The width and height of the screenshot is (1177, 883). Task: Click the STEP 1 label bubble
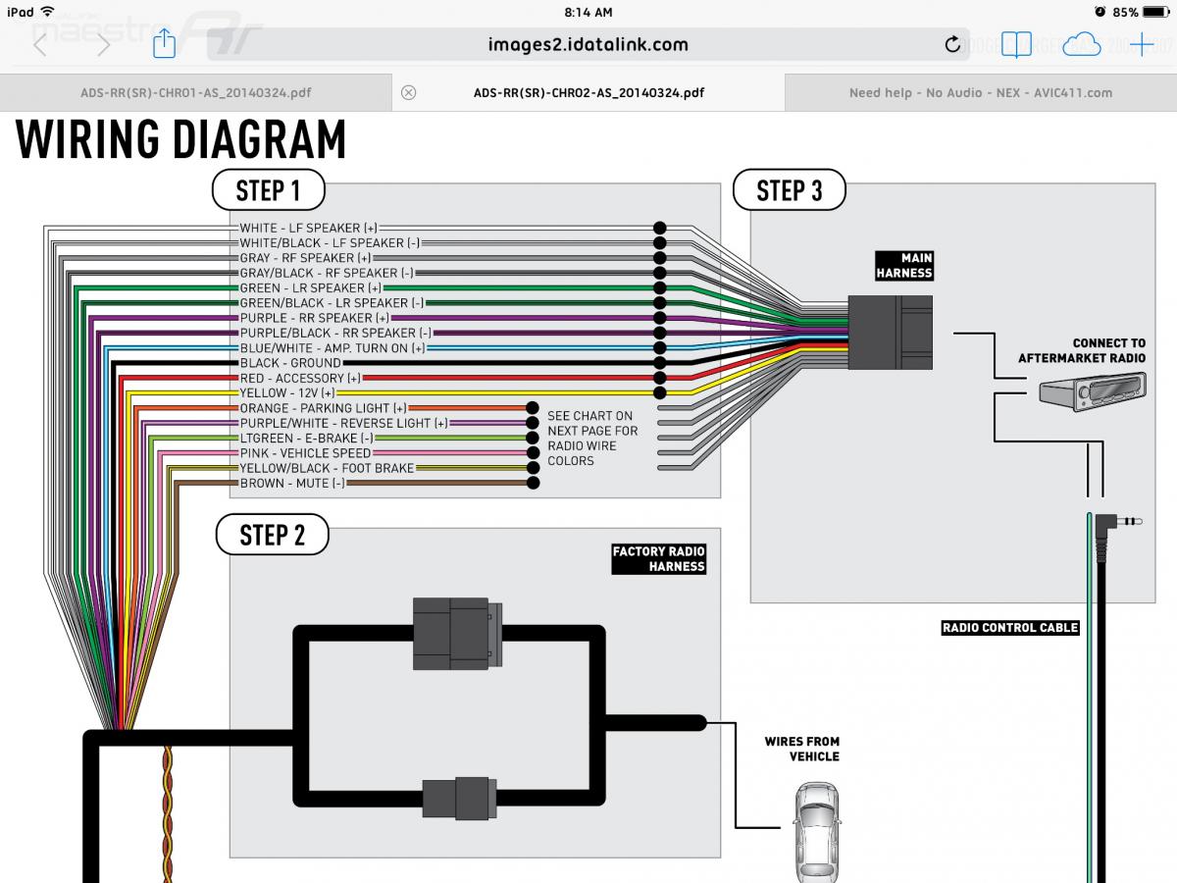click(x=268, y=190)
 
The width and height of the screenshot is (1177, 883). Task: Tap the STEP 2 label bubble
click(x=272, y=535)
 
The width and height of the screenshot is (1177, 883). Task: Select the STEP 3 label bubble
click(x=789, y=190)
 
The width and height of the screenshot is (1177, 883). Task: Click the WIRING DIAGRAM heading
click(x=181, y=139)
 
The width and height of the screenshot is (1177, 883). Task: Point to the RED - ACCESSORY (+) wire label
click(x=300, y=379)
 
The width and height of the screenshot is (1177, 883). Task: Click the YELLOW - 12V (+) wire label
click(x=287, y=393)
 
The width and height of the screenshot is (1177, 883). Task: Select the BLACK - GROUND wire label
click(x=291, y=363)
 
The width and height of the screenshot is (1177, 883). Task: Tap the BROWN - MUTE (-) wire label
click(x=292, y=484)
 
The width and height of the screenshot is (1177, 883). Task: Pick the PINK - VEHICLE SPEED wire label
click(x=305, y=453)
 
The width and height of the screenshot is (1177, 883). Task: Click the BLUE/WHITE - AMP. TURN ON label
click(x=333, y=348)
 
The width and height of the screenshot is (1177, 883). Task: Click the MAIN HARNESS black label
click(x=903, y=266)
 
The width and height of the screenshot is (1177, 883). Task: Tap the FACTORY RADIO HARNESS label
click(x=659, y=559)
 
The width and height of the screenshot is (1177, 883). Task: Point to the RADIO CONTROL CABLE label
click(x=1009, y=628)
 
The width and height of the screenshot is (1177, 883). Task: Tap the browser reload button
click(x=951, y=44)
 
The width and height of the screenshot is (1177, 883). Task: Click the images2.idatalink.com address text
click(x=588, y=44)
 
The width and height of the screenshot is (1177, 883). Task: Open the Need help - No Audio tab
click(x=980, y=93)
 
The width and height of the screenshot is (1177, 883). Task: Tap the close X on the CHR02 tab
click(x=409, y=93)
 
